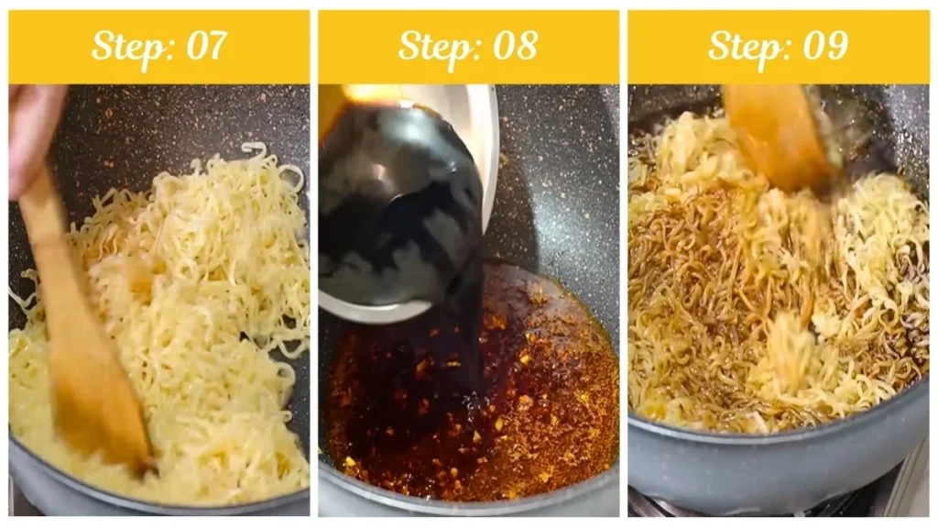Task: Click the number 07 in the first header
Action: coord(206,46)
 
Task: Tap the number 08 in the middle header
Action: coord(516,46)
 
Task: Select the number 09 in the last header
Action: coord(825,46)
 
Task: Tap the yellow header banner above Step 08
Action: coord(468,47)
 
